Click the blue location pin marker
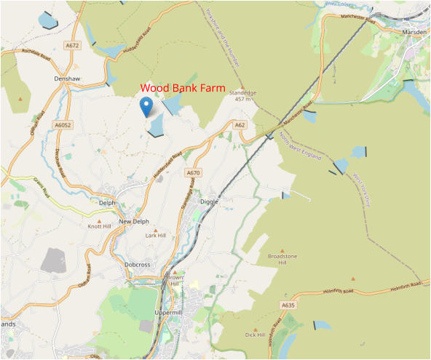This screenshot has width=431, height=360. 146,106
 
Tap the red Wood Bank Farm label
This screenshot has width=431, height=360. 183,87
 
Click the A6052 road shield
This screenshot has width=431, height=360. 63,125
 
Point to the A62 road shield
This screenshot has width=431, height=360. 240,125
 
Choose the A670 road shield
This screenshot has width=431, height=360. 192,172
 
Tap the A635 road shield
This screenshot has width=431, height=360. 288,305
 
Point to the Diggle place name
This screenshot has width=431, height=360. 209,201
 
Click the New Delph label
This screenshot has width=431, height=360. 133,221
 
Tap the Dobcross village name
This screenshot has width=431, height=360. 137,265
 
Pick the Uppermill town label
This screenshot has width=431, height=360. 172,311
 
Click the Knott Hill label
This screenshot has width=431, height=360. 100,227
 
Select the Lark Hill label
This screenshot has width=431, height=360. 156,236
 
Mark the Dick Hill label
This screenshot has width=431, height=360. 256,335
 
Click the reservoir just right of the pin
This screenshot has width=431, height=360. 156,127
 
